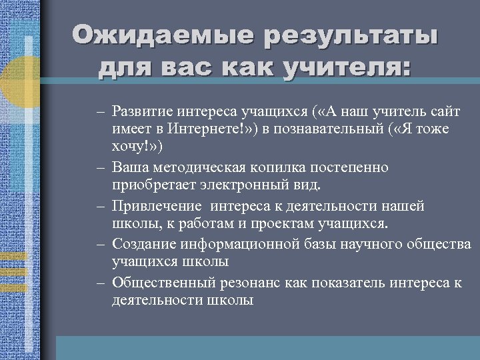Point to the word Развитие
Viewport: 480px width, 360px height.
click(x=143, y=109)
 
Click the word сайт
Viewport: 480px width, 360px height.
click(x=445, y=109)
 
